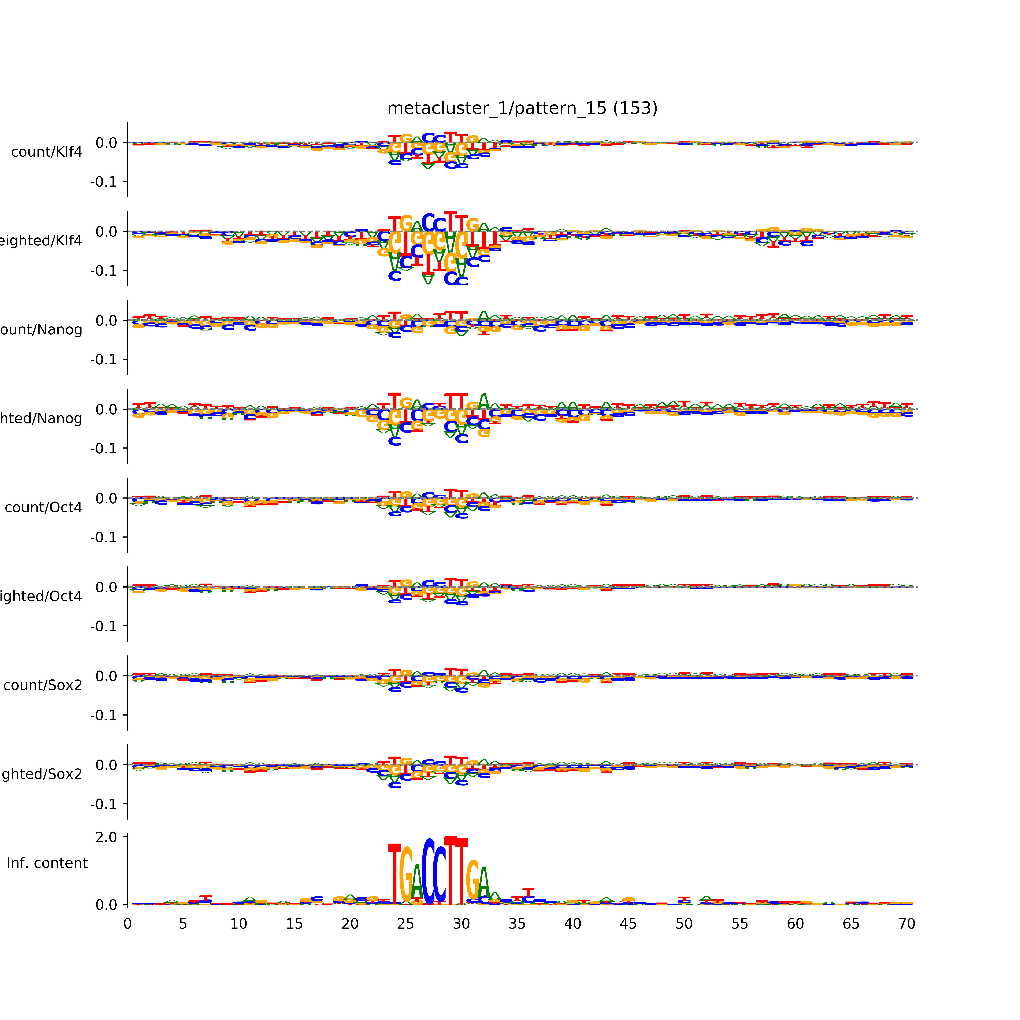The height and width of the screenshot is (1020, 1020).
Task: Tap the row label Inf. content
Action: [47, 863]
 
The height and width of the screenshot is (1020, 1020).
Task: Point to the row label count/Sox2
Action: [43, 685]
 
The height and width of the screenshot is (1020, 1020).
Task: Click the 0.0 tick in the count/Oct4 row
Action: [106, 498]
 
